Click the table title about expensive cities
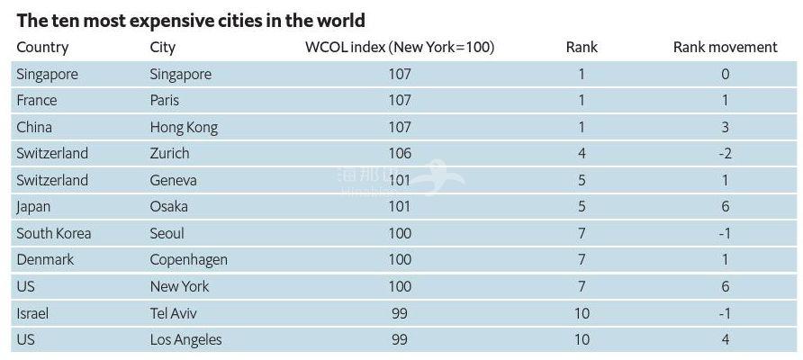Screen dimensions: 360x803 pos(191,20)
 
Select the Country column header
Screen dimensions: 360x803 pos(42,48)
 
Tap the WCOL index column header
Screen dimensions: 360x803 pos(400,48)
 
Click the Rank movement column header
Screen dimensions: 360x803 pos(725,48)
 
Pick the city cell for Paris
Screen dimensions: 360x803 pos(165,101)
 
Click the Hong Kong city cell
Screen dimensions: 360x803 pos(184,127)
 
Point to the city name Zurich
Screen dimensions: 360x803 pos(169,154)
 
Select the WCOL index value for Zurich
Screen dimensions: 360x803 pos(400,154)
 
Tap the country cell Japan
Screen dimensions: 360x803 pos(33,207)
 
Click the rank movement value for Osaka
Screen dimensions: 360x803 pos(725,207)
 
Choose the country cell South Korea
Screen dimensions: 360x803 pos(54,233)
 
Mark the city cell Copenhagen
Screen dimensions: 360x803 pos(188,260)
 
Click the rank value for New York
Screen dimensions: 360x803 pos(582,286)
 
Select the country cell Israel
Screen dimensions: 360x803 pos(32,313)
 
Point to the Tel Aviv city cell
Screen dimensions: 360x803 pos(173,313)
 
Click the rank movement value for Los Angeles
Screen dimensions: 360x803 pos(725,339)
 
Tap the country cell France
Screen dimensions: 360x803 pos(37,101)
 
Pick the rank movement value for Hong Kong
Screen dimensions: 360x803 pos(725,127)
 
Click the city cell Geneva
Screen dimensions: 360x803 pos(173,180)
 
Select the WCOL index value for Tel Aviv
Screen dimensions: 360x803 pos(400,313)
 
